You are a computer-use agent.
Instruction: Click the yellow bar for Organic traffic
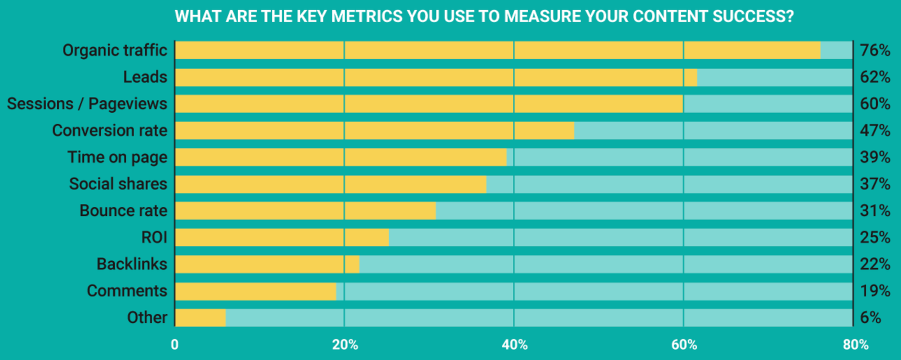coord(498,50)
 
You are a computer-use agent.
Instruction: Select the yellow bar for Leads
coord(436,77)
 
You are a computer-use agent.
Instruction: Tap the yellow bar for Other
coord(200,318)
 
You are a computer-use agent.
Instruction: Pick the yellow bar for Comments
coord(256,291)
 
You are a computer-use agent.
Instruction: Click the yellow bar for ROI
coord(282,238)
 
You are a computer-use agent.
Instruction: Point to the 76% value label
coord(875,50)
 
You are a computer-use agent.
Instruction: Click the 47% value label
coord(875,131)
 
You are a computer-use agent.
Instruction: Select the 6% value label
coord(871,318)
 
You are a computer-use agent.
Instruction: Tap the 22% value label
coord(875,264)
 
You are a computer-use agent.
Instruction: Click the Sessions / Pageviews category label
coord(87,104)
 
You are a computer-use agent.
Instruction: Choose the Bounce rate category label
coord(123,211)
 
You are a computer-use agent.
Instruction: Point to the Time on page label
coord(117,157)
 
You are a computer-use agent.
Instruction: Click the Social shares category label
coord(118,184)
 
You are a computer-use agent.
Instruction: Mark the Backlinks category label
coord(132,264)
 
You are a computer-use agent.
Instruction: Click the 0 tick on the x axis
coord(175,345)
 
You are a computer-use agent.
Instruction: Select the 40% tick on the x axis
coord(515,345)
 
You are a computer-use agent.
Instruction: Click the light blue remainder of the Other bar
coord(539,318)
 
